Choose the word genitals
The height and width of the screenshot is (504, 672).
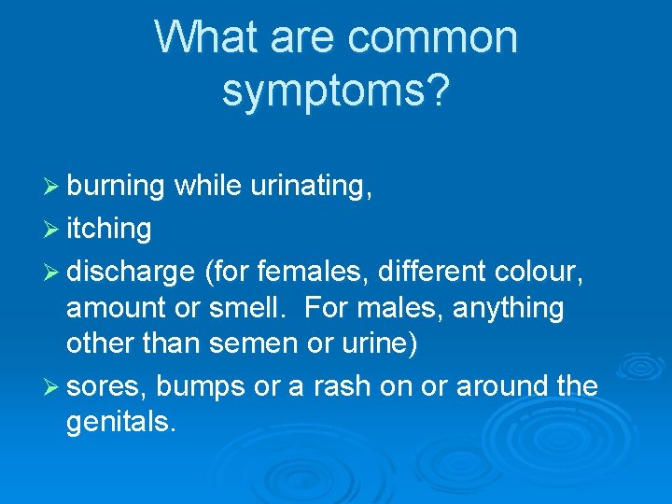tap(120, 422)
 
